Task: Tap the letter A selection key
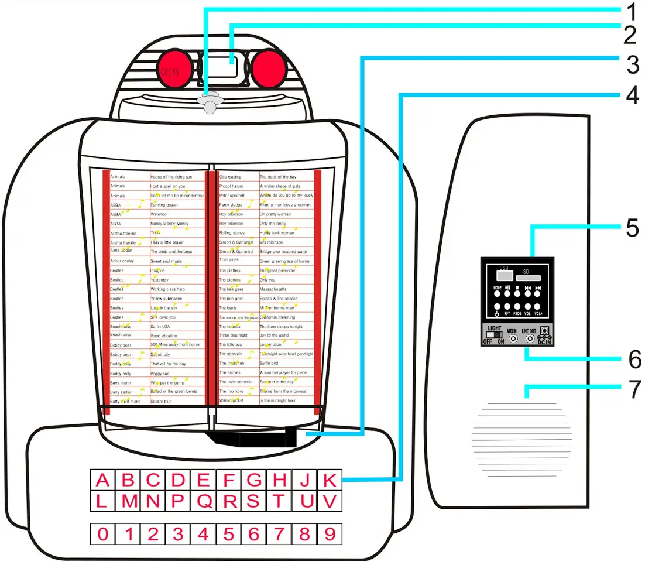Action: coord(103,481)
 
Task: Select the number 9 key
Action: coord(330,534)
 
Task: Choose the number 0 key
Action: coord(103,534)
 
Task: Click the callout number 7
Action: coord(632,389)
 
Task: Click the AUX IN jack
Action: coord(513,338)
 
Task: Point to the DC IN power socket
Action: coord(545,331)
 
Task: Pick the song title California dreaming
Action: coord(277,317)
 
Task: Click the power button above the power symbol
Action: coord(497,306)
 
